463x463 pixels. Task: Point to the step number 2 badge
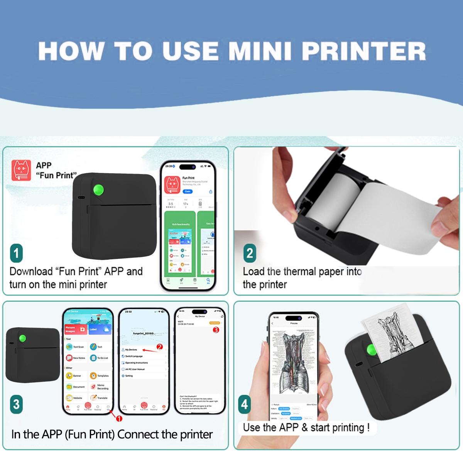click(250, 253)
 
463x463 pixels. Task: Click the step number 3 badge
click(16, 404)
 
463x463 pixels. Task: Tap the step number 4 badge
click(244, 404)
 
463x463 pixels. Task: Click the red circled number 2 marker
click(160, 347)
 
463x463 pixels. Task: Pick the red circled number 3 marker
click(216, 330)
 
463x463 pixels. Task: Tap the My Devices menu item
click(131, 350)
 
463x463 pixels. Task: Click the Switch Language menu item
click(134, 356)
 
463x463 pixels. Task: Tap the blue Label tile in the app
click(100, 329)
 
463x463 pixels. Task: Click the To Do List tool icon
click(93, 358)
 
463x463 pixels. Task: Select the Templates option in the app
click(99, 375)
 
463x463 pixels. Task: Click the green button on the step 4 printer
click(372, 350)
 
